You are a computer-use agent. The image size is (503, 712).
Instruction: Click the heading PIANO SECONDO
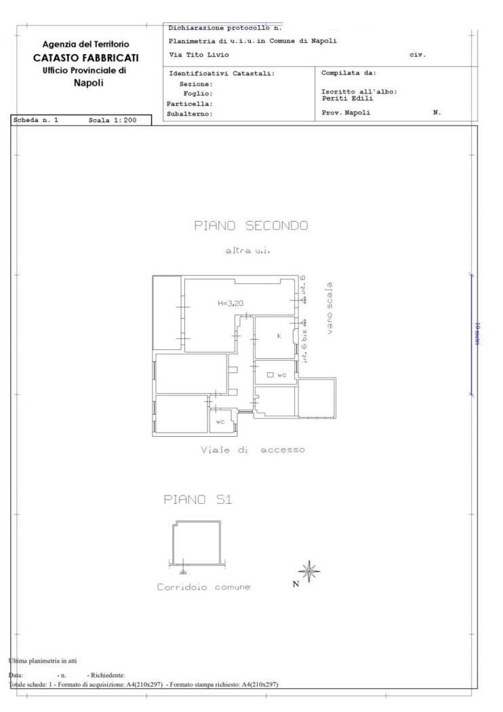pos(251,226)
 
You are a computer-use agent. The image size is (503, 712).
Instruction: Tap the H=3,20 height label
pos(230,303)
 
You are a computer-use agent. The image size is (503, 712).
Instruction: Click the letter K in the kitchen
pos(279,336)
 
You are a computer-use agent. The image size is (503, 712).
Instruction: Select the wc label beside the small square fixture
pos(282,375)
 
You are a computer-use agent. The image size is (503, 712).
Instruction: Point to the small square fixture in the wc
pos(270,375)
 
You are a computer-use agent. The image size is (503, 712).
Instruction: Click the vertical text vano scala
pos(329,309)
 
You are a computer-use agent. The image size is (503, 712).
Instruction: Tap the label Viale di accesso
pos(253,450)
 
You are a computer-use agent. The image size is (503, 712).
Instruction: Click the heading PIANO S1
pos(198,500)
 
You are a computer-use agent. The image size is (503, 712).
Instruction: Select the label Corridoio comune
pos(203,587)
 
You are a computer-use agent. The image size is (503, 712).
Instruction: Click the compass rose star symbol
pos(310,572)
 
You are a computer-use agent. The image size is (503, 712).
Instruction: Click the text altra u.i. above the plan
pos(247,251)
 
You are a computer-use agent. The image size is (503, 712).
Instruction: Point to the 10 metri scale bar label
pos(477,334)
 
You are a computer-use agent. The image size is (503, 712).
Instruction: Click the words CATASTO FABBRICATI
pos(85,58)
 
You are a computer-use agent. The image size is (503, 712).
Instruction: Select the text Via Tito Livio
pos(199,54)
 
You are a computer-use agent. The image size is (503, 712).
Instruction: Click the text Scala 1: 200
pos(113,120)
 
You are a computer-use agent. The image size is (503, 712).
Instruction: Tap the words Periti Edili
pos(347,98)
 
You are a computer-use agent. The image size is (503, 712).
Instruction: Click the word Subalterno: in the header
pos(190,114)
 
